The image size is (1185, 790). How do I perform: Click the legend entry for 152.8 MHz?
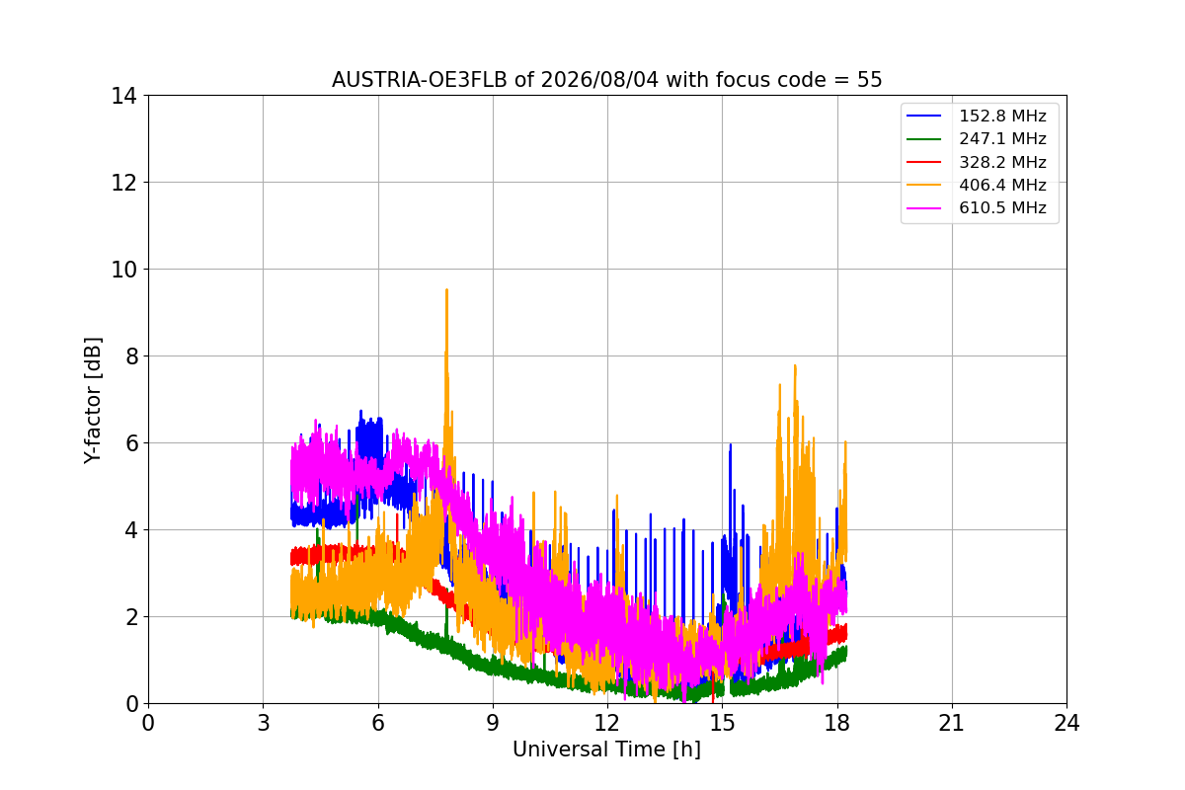pyautogui.click(x=977, y=116)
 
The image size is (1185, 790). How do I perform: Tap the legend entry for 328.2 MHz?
pyautogui.click(x=977, y=162)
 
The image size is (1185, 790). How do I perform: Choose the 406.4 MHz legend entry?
pyautogui.click(x=977, y=185)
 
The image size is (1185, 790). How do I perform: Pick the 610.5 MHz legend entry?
pyautogui.click(x=977, y=208)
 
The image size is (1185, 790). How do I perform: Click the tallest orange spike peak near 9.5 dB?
pyautogui.click(x=447, y=290)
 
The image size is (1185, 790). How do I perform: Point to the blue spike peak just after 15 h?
pyautogui.click(x=731, y=445)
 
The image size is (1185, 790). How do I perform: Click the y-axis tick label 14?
pyautogui.click(x=123, y=97)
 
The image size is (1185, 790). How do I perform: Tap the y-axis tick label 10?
pyautogui.click(x=123, y=270)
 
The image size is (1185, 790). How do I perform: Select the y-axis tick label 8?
pyautogui.click(x=131, y=356)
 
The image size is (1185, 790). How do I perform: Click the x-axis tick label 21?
pyautogui.click(x=952, y=723)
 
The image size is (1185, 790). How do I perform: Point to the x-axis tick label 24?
pyautogui.click(x=1066, y=723)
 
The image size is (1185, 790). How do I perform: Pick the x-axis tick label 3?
pyautogui.click(x=264, y=723)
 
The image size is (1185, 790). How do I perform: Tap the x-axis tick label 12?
pyautogui.click(x=607, y=723)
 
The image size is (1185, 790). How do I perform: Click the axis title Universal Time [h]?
pyautogui.click(x=606, y=750)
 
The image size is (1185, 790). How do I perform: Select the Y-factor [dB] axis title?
pyautogui.click(x=93, y=401)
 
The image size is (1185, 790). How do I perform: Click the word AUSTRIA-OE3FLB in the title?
pyautogui.click(x=420, y=80)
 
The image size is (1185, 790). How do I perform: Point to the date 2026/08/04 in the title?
pyautogui.click(x=600, y=80)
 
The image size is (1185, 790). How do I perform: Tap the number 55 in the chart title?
pyautogui.click(x=870, y=80)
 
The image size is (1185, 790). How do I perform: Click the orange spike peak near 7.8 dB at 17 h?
pyautogui.click(x=795, y=366)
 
